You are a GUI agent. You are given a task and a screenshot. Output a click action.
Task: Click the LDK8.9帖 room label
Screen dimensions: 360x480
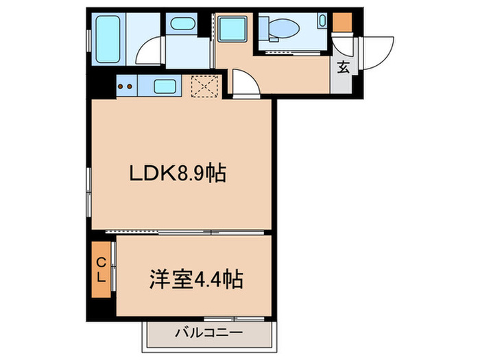[178, 175]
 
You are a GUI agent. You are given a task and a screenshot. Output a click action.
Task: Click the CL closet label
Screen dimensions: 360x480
[100, 270]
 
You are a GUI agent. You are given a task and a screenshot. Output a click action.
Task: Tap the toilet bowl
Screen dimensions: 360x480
[285, 27]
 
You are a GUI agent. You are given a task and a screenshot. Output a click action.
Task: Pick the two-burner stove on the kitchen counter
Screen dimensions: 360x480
[125, 86]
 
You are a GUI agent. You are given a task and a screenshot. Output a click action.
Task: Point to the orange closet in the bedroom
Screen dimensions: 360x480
[100, 270]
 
